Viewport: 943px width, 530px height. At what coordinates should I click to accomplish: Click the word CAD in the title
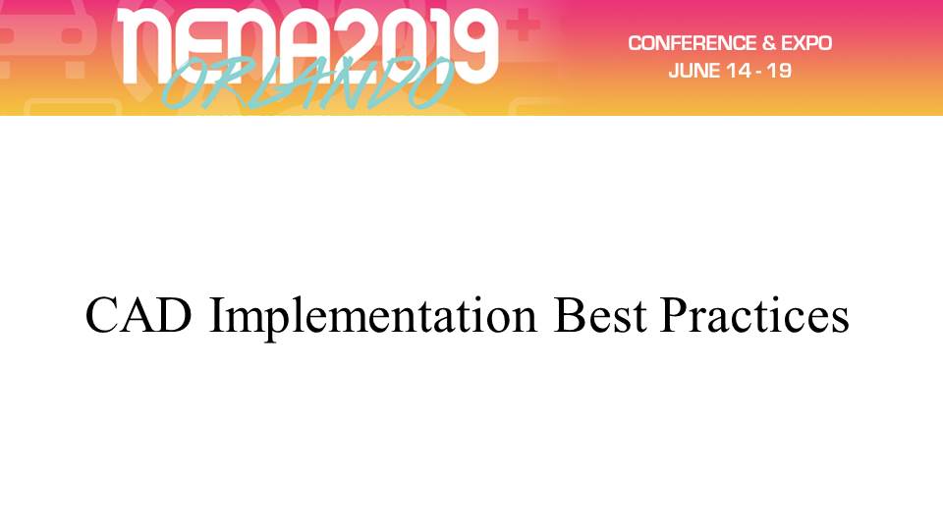139,315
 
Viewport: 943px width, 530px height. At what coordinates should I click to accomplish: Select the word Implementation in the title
372,317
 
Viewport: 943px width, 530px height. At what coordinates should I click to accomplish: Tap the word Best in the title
599,315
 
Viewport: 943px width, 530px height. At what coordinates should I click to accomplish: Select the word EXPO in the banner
806,43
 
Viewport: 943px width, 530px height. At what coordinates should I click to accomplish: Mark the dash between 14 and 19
758,72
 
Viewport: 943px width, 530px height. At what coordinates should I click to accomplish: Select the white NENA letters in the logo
230,46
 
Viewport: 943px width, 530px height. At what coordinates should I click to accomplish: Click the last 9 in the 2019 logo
473,46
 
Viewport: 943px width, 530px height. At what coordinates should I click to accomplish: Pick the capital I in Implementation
216,315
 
